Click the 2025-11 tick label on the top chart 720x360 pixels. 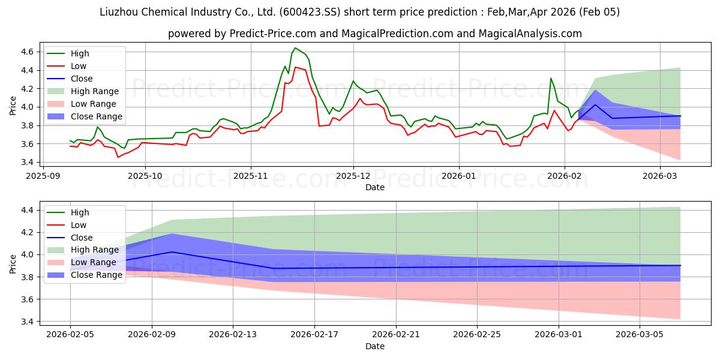tap(250, 176)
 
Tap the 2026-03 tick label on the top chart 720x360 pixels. tap(659, 176)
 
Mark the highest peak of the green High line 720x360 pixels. tap(295, 48)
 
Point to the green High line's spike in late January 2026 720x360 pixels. tap(551, 78)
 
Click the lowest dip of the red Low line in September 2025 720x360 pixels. tap(118, 157)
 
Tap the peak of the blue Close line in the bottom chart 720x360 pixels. tap(172, 252)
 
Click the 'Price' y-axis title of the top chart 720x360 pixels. tap(13, 106)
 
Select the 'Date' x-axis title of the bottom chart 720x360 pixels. tap(375, 347)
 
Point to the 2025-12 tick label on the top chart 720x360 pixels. tap(353, 176)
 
